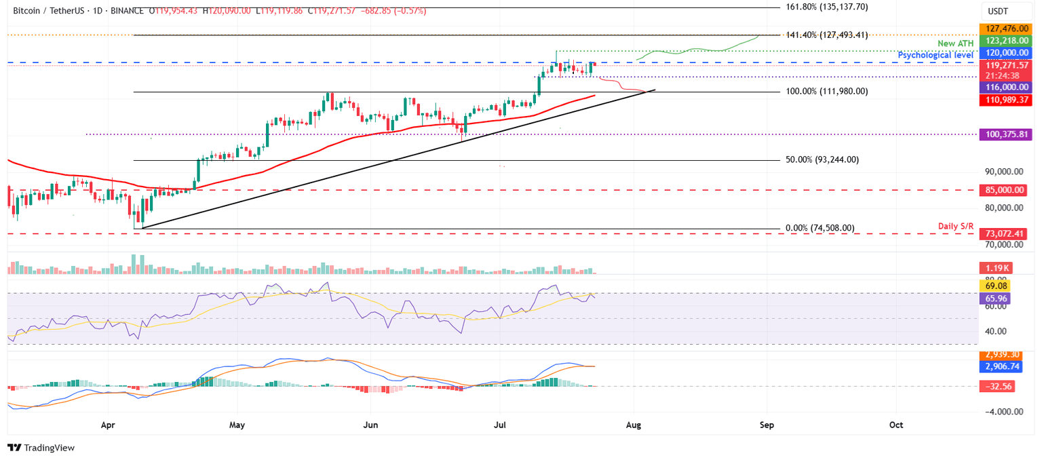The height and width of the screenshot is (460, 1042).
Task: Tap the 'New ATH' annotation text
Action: click(955, 43)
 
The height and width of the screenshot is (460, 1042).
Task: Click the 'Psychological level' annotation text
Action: click(936, 54)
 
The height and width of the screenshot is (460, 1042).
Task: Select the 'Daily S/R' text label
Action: click(957, 225)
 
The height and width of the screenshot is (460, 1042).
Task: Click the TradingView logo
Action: click(41, 448)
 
